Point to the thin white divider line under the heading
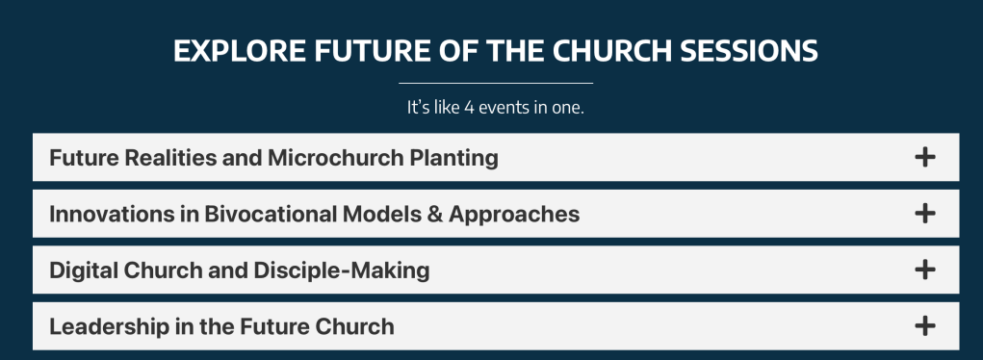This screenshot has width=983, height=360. click(x=496, y=83)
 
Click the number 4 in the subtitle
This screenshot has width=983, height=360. click(x=468, y=107)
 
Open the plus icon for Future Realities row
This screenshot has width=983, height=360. click(x=924, y=157)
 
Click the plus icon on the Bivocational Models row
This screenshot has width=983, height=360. click(x=924, y=214)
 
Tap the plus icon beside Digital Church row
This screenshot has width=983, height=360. click(x=924, y=270)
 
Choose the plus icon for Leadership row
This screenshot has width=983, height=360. click(x=924, y=326)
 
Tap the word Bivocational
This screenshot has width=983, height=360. click(x=270, y=214)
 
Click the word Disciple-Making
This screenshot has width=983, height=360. click(x=342, y=271)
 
